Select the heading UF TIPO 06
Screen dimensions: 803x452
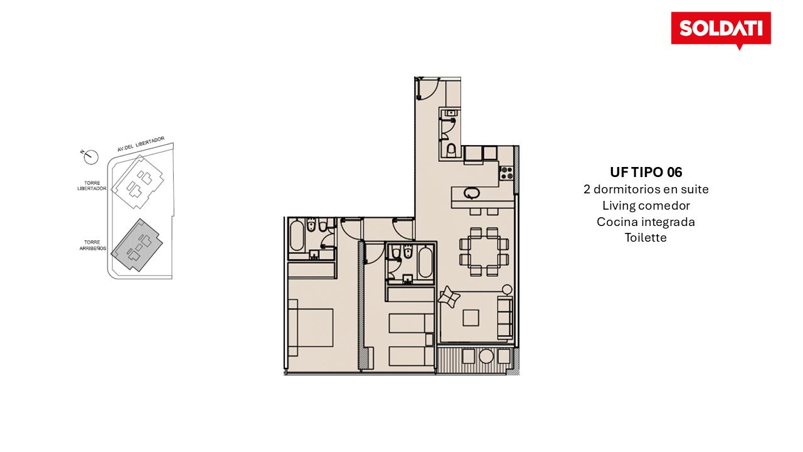pyautogui.click(x=646, y=173)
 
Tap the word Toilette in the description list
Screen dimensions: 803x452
pyautogui.click(x=646, y=237)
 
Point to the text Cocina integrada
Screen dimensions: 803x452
pyautogui.click(x=646, y=222)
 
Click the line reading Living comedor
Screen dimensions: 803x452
pyautogui.click(x=646, y=205)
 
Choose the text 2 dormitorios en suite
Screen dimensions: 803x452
pyautogui.click(x=646, y=189)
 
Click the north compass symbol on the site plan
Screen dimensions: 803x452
pyautogui.click(x=90, y=156)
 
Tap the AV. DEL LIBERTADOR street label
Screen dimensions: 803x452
pyautogui.click(x=141, y=144)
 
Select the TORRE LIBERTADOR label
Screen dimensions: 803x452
pyautogui.click(x=92, y=185)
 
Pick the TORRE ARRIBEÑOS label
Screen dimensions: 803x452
pyautogui.click(x=92, y=245)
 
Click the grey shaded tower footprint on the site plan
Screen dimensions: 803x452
pyautogui.click(x=137, y=245)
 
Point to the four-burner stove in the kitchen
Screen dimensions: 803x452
pyautogui.click(x=506, y=173)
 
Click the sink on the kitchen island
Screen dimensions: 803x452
pyautogui.click(x=471, y=193)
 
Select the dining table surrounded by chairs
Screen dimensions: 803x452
pyautogui.click(x=484, y=252)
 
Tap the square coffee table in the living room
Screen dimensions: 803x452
pyautogui.click(x=471, y=318)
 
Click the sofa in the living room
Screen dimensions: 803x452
pyautogui.click(x=505, y=318)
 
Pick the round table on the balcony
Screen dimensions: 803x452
pyautogui.click(x=486, y=356)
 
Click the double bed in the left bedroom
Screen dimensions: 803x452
pyautogui.click(x=311, y=328)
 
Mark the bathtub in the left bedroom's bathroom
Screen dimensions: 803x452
pyautogui.click(x=297, y=236)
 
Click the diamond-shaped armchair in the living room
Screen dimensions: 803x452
pyautogui.click(x=449, y=297)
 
